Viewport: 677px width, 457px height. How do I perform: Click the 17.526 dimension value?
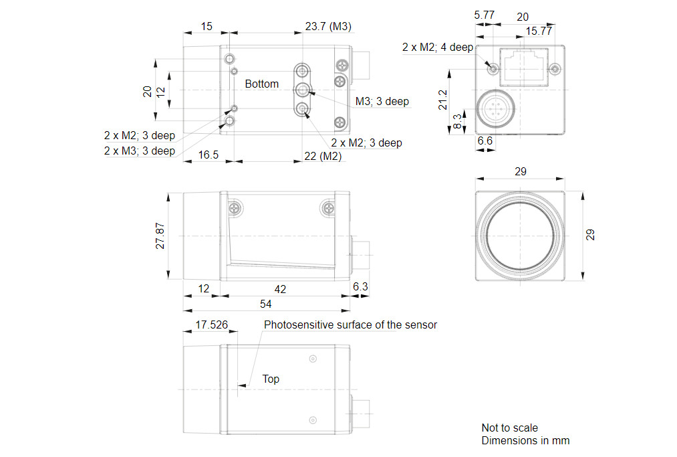pyautogui.click(x=212, y=325)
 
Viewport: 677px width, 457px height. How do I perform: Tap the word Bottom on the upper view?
pyautogui.click(x=261, y=84)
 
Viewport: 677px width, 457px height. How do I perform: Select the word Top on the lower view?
pyautogui.click(x=271, y=379)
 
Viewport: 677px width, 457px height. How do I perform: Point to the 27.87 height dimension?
pyautogui.click(x=160, y=237)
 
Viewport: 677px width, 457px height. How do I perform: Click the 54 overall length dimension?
pyautogui.click(x=266, y=304)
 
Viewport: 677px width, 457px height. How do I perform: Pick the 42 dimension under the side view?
pyautogui.click(x=281, y=288)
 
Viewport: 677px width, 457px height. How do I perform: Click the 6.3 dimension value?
pyautogui.click(x=360, y=287)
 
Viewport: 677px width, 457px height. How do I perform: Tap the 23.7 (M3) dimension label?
pyautogui.click(x=328, y=27)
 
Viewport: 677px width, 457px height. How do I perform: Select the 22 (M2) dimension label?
pyautogui.click(x=323, y=156)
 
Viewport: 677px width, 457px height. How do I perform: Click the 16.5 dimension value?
pyautogui.click(x=209, y=155)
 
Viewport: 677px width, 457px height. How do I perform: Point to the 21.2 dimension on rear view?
pyautogui.click(x=444, y=100)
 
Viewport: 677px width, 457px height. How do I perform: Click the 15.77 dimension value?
pyautogui.click(x=539, y=31)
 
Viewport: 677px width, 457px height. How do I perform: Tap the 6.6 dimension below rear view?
pyautogui.click(x=485, y=141)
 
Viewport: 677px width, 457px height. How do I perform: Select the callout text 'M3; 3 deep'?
pyautogui.click(x=382, y=102)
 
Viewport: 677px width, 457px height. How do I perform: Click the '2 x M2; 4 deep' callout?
pyautogui.click(x=437, y=48)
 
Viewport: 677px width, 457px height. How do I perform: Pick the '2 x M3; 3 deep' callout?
pyautogui.click(x=139, y=151)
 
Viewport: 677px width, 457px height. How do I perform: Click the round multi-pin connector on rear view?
pyautogui.click(x=494, y=107)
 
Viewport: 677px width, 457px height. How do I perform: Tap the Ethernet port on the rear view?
pyautogui.click(x=523, y=65)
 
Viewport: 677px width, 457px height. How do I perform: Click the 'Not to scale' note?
pyautogui.click(x=509, y=428)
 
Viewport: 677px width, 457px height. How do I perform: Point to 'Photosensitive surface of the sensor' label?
pyautogui.click(x=350, y=325)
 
